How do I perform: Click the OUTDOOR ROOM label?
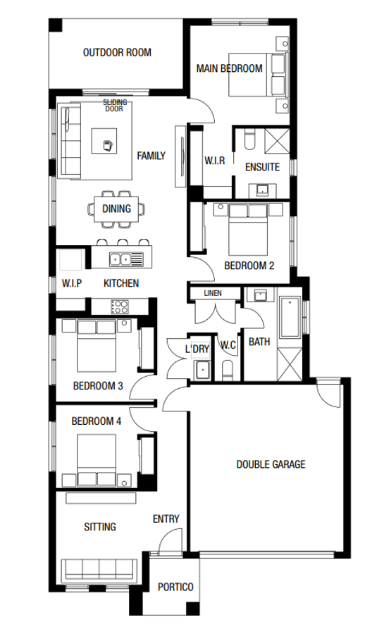click(117, 53)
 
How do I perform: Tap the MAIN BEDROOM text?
click(229, 69)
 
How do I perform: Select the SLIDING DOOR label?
click(115, 106)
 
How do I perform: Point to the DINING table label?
click(116, 209)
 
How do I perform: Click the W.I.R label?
click(213, 161)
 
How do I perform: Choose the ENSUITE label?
click(262, 168)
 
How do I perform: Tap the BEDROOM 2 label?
click(249, 266)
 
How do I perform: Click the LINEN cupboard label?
click(213, 292)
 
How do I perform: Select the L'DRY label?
click(197, 349)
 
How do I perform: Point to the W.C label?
click(228, 345)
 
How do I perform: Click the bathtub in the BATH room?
click(290, 320)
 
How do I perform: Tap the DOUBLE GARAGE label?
click(271, 464)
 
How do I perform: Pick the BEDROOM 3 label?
click(98, 386)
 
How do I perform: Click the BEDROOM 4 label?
click(97, 421)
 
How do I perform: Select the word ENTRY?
click(166, 519)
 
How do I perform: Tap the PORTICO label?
click(175, 586)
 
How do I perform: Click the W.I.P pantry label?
click(72, 283)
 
